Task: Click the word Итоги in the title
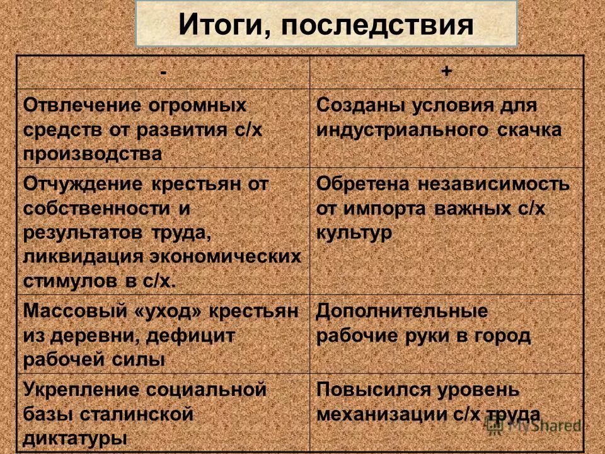[221, 25]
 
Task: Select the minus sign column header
[164, 71]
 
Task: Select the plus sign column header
[446, 71]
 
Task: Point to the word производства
[93, 154]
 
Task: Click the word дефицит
[192, 335]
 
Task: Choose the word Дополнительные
[401, 311]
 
